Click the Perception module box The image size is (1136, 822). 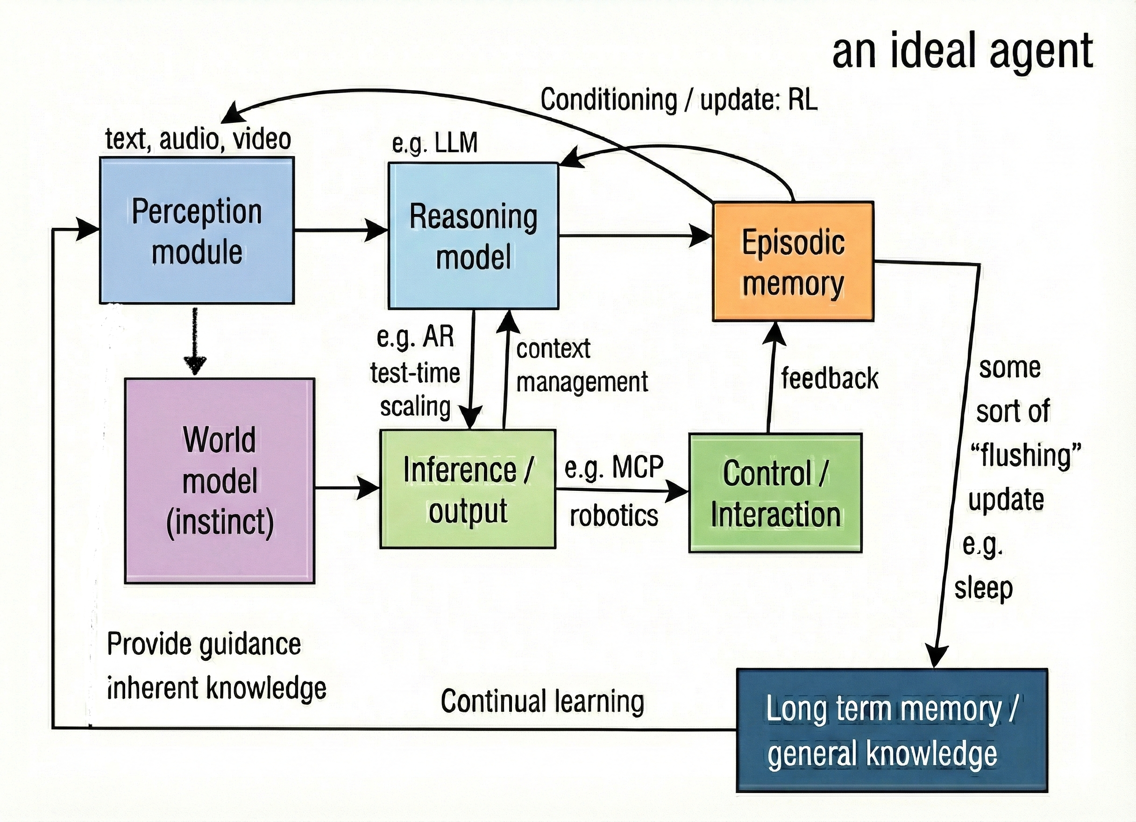pos(197,230)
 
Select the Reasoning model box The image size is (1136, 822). pos(473,235)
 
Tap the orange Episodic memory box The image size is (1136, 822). pos(793,262)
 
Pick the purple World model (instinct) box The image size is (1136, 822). pos(220,481)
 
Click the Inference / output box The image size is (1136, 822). pos(467,489)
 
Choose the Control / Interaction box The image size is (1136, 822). pos(775,493)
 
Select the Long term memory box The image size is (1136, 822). pos(892,730)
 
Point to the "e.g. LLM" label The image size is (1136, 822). pos(434,143)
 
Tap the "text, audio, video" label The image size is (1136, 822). pos(198,139)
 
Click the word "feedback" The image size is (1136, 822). pos(830,378)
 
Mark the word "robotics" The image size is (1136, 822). pos(614,516)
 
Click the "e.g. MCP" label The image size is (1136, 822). pos(614,468)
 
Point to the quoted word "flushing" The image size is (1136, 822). pos(1025,455)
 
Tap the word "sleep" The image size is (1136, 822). pos(983,588)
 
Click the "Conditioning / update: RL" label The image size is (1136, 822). pos(679,99)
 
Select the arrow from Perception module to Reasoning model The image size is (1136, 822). pos(341,230)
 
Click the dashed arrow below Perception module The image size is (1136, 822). pos(195,340)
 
